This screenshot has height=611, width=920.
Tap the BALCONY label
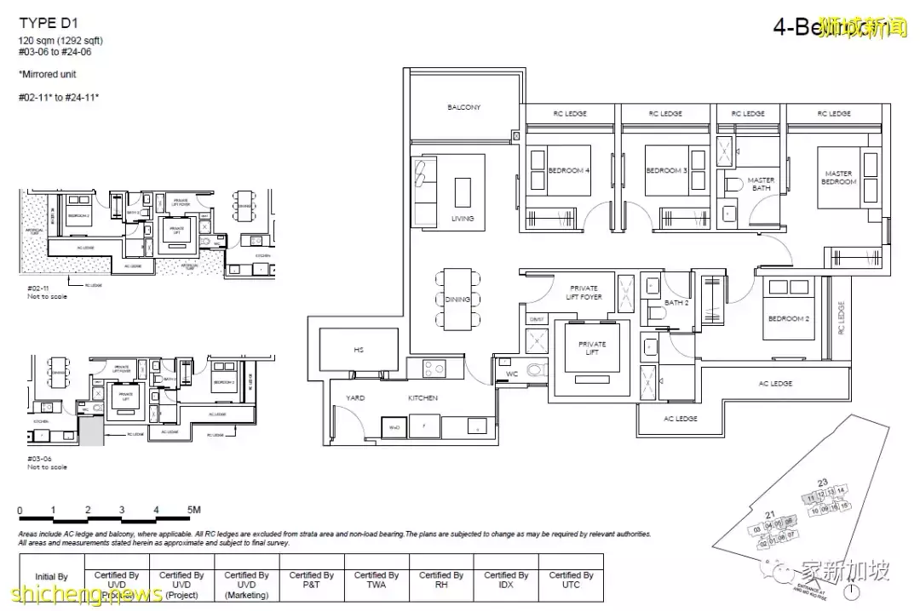[464, 107]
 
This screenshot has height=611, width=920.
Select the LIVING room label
[463, 219]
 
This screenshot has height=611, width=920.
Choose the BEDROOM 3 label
[665, 170]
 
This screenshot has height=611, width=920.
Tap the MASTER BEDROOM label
[838, 178]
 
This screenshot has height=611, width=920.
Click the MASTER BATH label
[761, 184]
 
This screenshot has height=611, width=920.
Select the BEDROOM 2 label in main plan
[787, 318]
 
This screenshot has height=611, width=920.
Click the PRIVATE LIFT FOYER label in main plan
[584, 292]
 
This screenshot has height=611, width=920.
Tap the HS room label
[358, 350]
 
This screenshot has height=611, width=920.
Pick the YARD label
[354, 397]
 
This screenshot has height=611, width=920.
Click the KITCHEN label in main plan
[423, 397]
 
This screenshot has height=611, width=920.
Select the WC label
[511, 373]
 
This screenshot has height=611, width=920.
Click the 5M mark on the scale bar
[193, 510]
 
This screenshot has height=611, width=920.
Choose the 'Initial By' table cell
[51, 577]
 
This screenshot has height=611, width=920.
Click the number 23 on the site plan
[822, 483]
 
